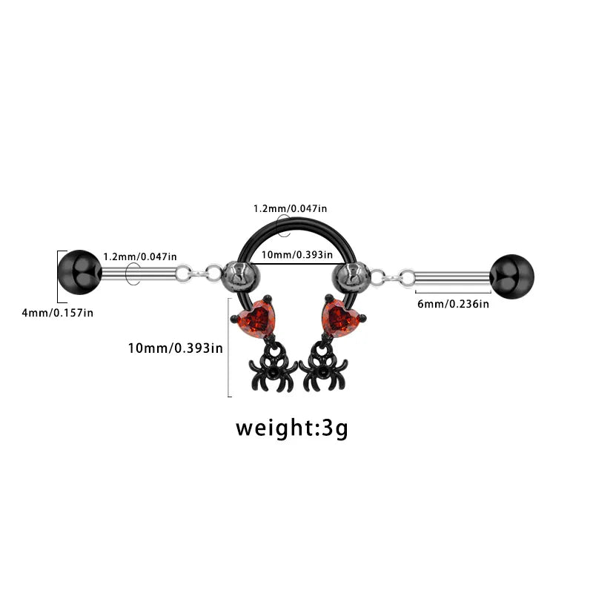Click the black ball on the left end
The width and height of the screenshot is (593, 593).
[x=80, y=272]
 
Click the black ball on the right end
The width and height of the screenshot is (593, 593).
[x=512, y=276]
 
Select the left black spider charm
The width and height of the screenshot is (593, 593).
[x=273, y=368]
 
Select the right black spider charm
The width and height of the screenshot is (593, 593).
[x=323, y=368]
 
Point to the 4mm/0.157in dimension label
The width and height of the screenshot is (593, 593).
[x=58, y=313]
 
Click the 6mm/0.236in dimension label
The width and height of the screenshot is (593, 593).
[x=453, y=304]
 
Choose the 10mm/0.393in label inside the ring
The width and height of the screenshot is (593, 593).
[x=297, y=254]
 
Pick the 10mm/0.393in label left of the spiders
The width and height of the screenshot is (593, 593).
[x=176, y=348]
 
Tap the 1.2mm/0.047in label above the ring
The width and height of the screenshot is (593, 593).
[x=290, y=208]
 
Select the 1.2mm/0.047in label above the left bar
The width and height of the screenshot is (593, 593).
[x=140, y=256]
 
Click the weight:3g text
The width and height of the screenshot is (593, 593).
[x=291, y=428]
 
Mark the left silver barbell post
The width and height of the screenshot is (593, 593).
[x=140, y=274]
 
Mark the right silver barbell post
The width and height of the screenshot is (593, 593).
[x=451, y=279]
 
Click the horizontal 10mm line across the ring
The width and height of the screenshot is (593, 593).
[x=298, y=263]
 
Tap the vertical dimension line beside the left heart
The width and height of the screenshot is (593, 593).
[x=228, y=348]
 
